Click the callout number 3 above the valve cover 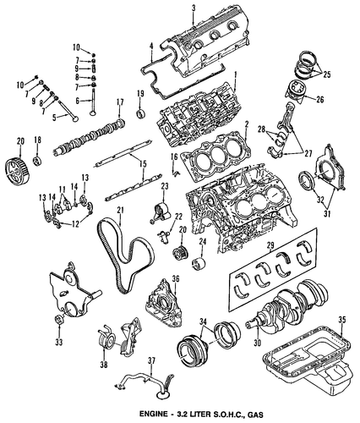point(194,8)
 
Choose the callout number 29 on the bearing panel point(270,246)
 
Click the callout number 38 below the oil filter point(104,365)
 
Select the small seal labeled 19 point(140,113)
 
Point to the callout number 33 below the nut point(59,342)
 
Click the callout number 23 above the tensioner point(165,187)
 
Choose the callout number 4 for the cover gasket point(151,47)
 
